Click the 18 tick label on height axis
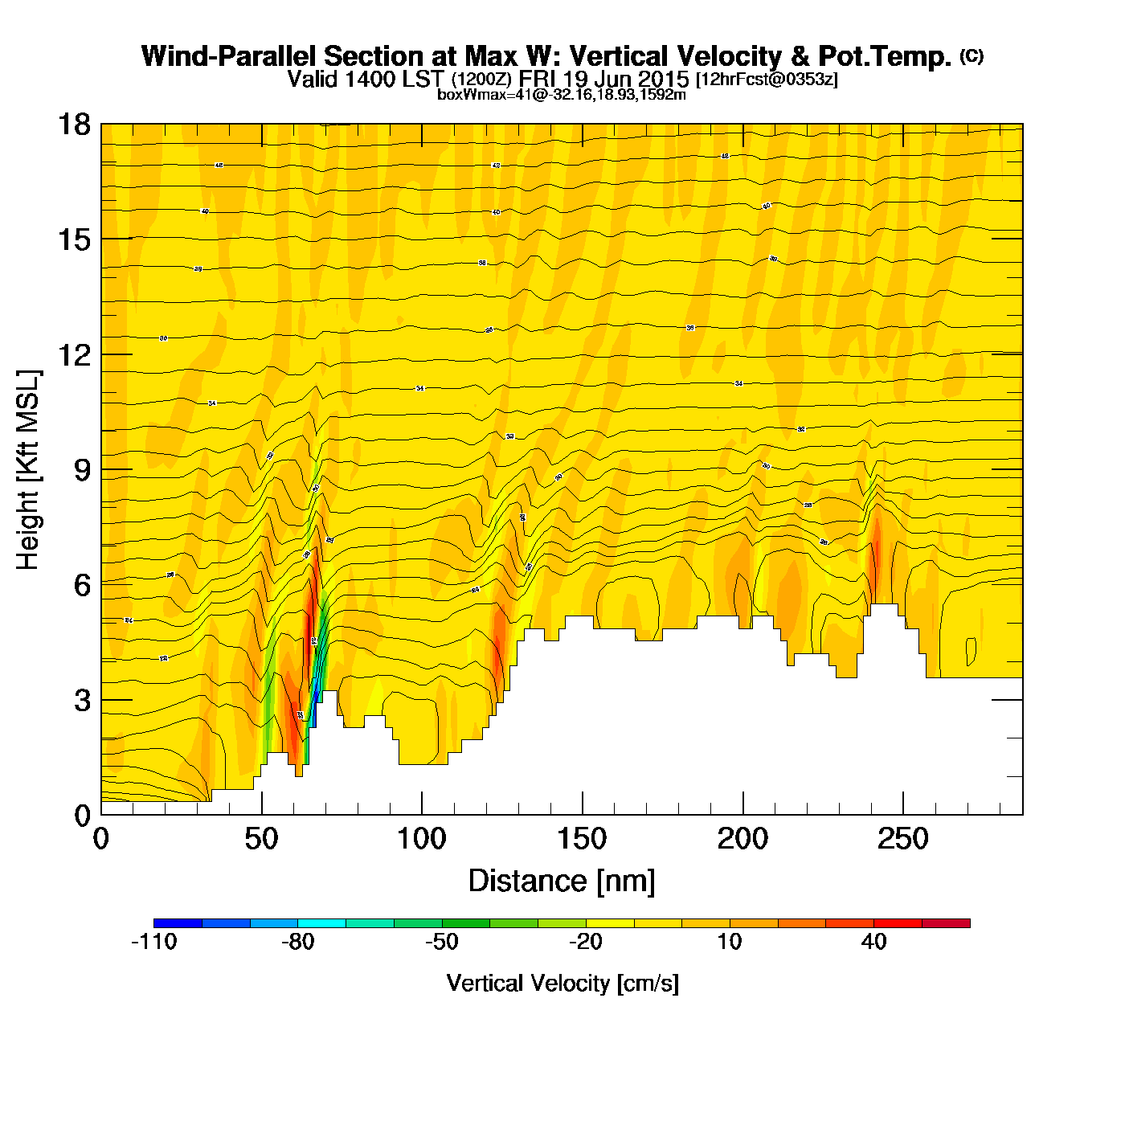73,125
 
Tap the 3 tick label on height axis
83,700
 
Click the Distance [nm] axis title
562,881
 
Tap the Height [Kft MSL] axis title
28,470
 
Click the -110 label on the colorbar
153,942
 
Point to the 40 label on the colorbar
873,942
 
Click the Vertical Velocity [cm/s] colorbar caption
562,983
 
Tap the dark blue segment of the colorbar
178,923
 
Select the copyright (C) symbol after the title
972,55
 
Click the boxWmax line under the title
562,95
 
